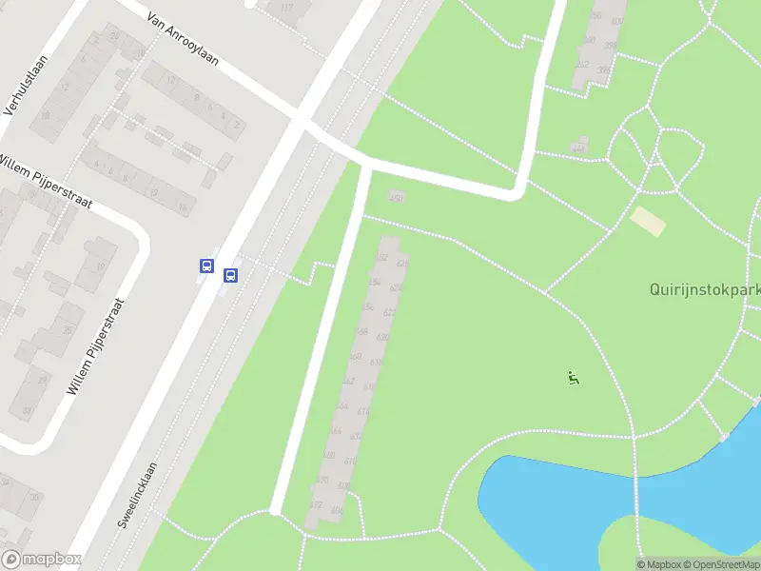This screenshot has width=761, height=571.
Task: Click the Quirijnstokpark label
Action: (704, 289)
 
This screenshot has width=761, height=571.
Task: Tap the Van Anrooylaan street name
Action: (183, 39)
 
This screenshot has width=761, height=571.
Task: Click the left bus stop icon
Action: (206, 266)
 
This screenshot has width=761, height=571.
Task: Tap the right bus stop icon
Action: (230, 275)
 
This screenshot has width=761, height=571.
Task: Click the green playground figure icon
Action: (574, 378)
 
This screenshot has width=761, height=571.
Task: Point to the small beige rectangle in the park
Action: (649, 222)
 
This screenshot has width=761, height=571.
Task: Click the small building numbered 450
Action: (396, 196)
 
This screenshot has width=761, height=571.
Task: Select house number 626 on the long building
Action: (402, 263)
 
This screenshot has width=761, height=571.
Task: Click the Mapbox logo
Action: (42, 560)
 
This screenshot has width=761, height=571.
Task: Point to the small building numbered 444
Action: (578, 147)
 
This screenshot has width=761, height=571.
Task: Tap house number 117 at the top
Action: (288, 9)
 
